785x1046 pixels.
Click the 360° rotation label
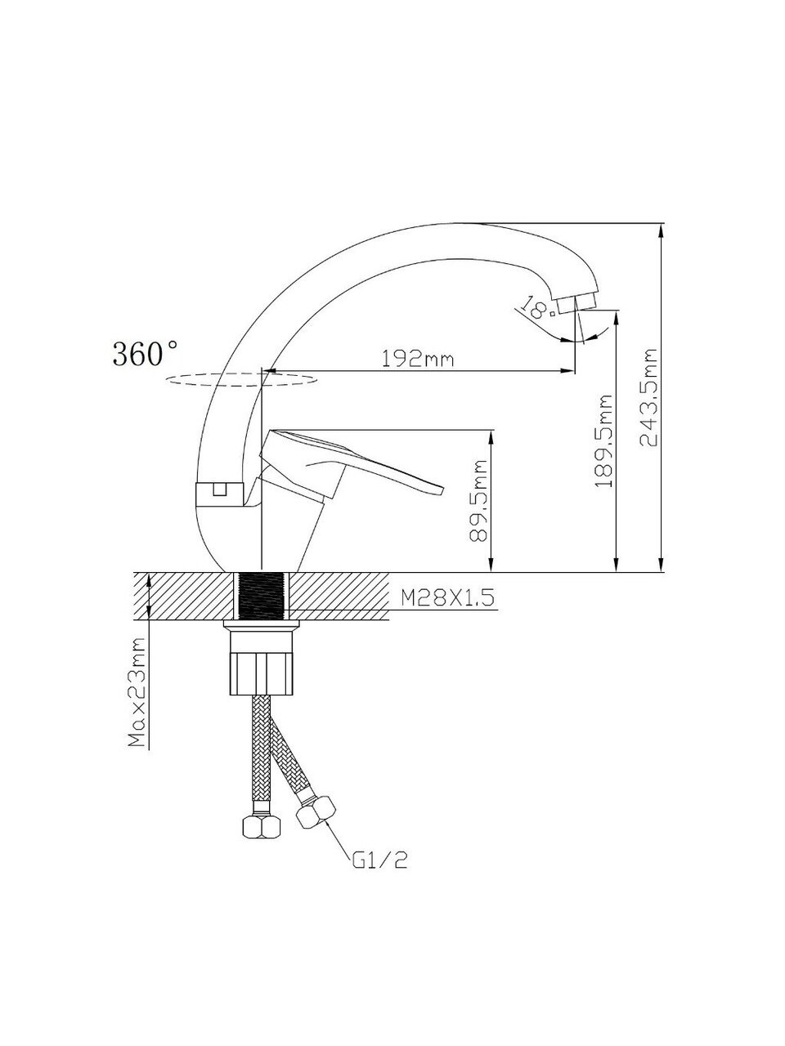pyautogui.click(x=146, y=354)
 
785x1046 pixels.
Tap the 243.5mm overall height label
pyautogui.click(x=648, y=397)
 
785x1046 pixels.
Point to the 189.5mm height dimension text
pyautogui.click(x=604, y=440)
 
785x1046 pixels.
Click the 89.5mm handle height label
pyautogui.click(x=478, y=501)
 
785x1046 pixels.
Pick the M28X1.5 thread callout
pyautogui.click(x=447, y=597)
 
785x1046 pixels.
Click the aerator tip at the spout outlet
pyautogui.click(x=576, y=303)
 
